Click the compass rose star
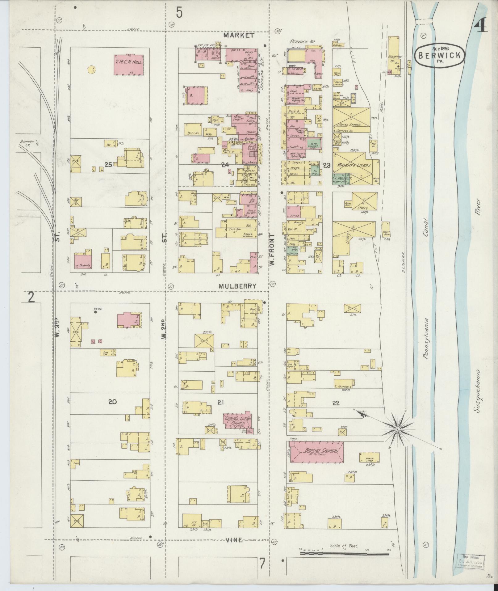click(398, 430)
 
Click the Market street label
click(239, 36)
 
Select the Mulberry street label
click(237, 286)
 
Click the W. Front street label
click(272, 249)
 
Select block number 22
click(336, 403)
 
